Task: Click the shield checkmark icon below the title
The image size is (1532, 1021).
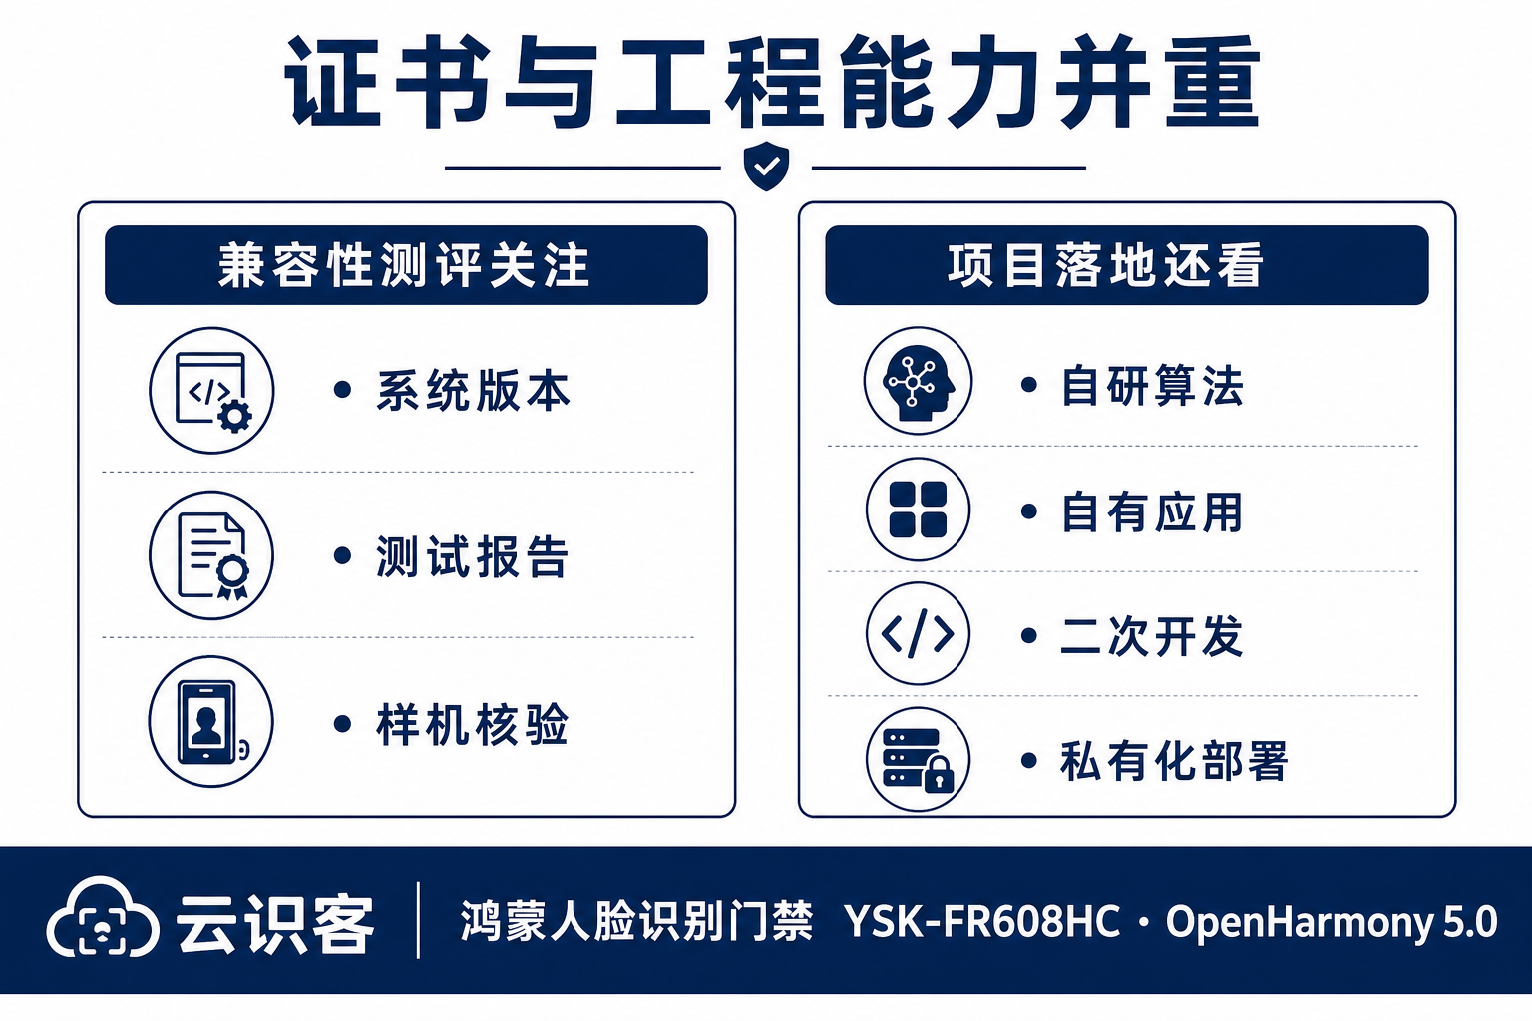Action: tap(766, 167)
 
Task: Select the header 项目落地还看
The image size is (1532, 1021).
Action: tap(1105, 265)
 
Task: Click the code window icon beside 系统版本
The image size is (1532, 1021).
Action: tap(212, 391)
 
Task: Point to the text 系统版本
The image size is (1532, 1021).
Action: tap(474, 391)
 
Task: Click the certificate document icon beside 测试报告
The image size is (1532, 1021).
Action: tap(212, 555)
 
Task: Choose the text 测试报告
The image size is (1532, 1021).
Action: tap(472, 556)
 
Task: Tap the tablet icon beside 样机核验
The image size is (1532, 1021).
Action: tap(211, 722)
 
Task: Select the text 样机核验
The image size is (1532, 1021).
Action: tap(472, 724)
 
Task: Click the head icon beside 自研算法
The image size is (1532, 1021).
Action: tap(918, 381)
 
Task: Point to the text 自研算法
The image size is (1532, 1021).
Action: tap(1152, 386)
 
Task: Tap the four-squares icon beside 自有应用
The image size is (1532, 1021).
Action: tap(918, 510)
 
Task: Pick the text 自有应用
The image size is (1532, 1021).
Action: tap(1152, 511)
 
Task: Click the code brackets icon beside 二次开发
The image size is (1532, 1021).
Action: tap(918, 634)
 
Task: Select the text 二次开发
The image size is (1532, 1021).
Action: tap(1152, 636)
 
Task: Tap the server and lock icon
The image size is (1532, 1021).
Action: tap(918, 760)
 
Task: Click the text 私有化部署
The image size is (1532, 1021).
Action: tap(1174, 761)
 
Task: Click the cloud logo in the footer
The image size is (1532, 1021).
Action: tap(103, 917)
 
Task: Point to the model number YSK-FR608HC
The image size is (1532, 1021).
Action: tap(982, 922)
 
